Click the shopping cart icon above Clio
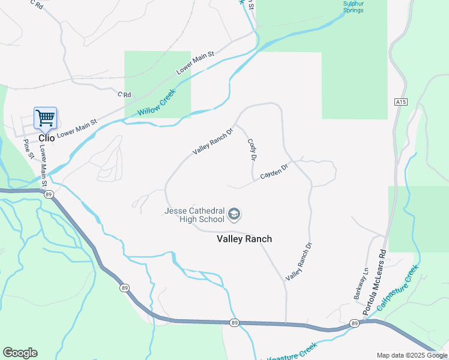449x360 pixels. pos(45,118)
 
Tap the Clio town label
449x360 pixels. pos(46,138)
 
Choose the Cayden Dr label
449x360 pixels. pos(275,171)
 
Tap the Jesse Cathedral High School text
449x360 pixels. pos(194,215)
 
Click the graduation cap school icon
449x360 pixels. pos(235,214)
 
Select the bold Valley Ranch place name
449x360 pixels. pos(244,239)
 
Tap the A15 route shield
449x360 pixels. pos(401,102)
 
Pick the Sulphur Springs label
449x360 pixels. pos(353,7)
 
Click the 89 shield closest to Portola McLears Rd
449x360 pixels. pos(355,323)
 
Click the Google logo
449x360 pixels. pos(20,353)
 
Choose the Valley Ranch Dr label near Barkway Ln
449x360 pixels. pos(300,262)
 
